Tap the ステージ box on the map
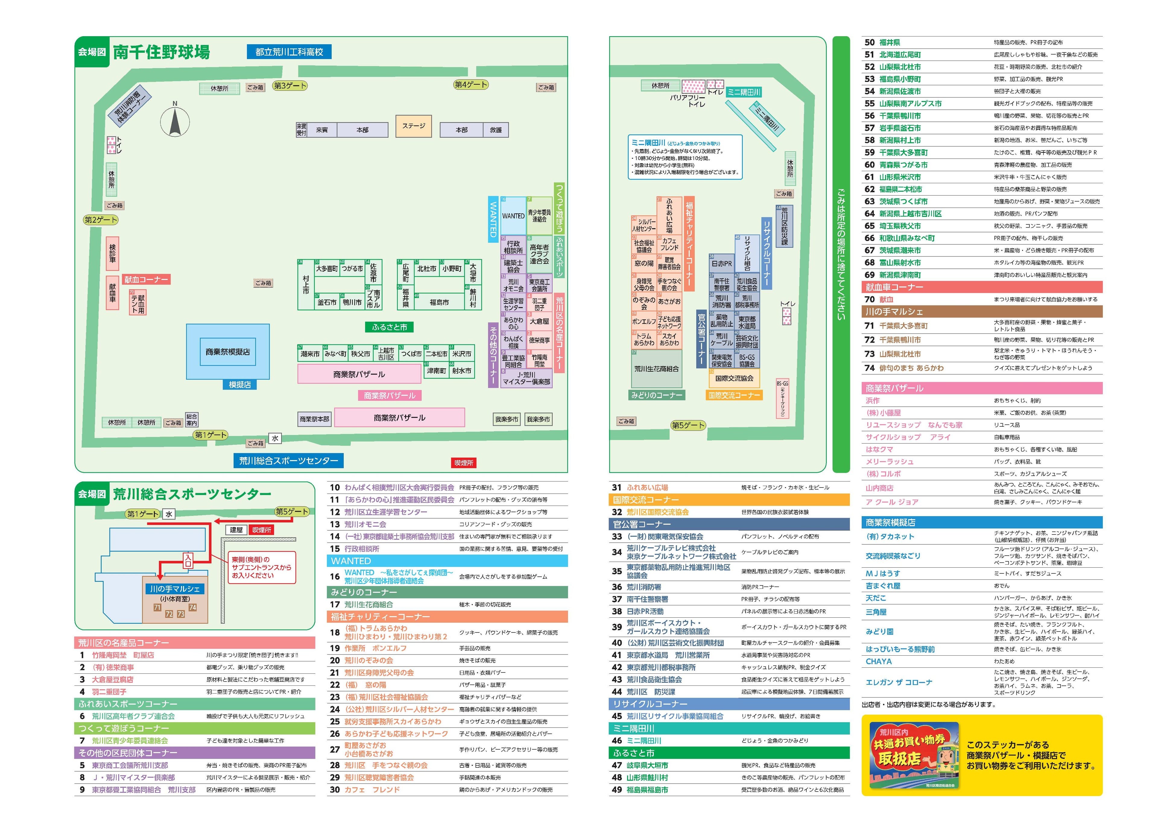point(413,126)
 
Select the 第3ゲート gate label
point(290,86)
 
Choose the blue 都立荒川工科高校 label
point(289,52)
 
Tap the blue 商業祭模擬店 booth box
point(227,352)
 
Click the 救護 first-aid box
point(496,130)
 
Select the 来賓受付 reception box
point(301,130)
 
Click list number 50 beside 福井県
point(869,42)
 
